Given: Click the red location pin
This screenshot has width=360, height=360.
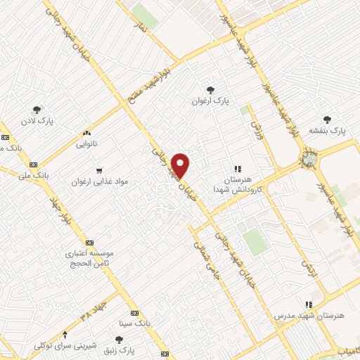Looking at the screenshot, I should [181, 166].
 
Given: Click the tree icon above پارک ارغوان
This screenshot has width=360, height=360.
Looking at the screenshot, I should [210, 89].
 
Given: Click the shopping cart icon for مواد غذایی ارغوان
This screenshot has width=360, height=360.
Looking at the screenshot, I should [99, 170].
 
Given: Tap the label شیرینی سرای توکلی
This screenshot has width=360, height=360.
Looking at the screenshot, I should [65, 345].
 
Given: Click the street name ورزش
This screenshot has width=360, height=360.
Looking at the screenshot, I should [255, 124].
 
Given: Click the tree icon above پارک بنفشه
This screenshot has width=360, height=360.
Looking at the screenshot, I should [327, 119].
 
